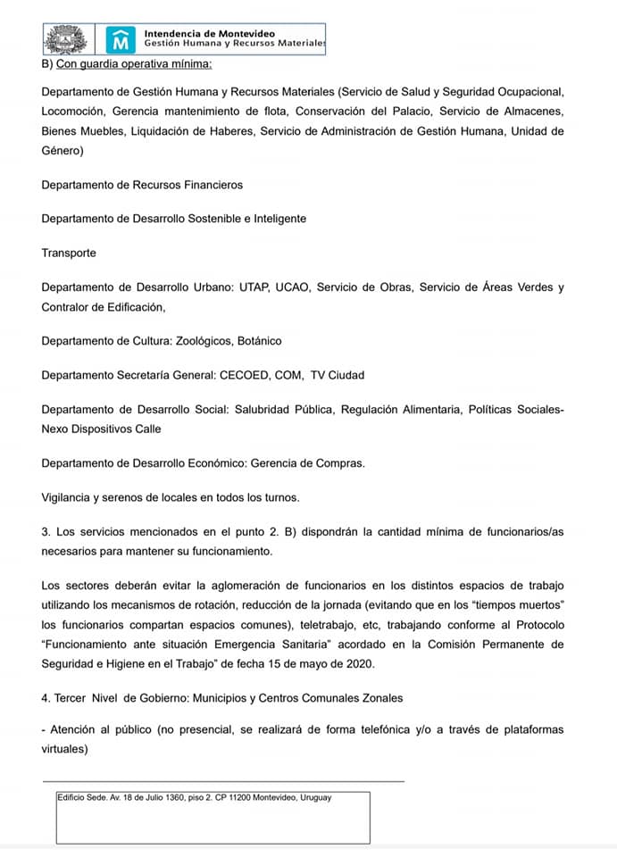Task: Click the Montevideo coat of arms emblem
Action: (x=69, y=38)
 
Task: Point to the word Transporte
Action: (x=69, y=253)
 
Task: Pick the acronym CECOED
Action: (x=238, y=375)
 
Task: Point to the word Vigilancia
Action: (x=71, y=497)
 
